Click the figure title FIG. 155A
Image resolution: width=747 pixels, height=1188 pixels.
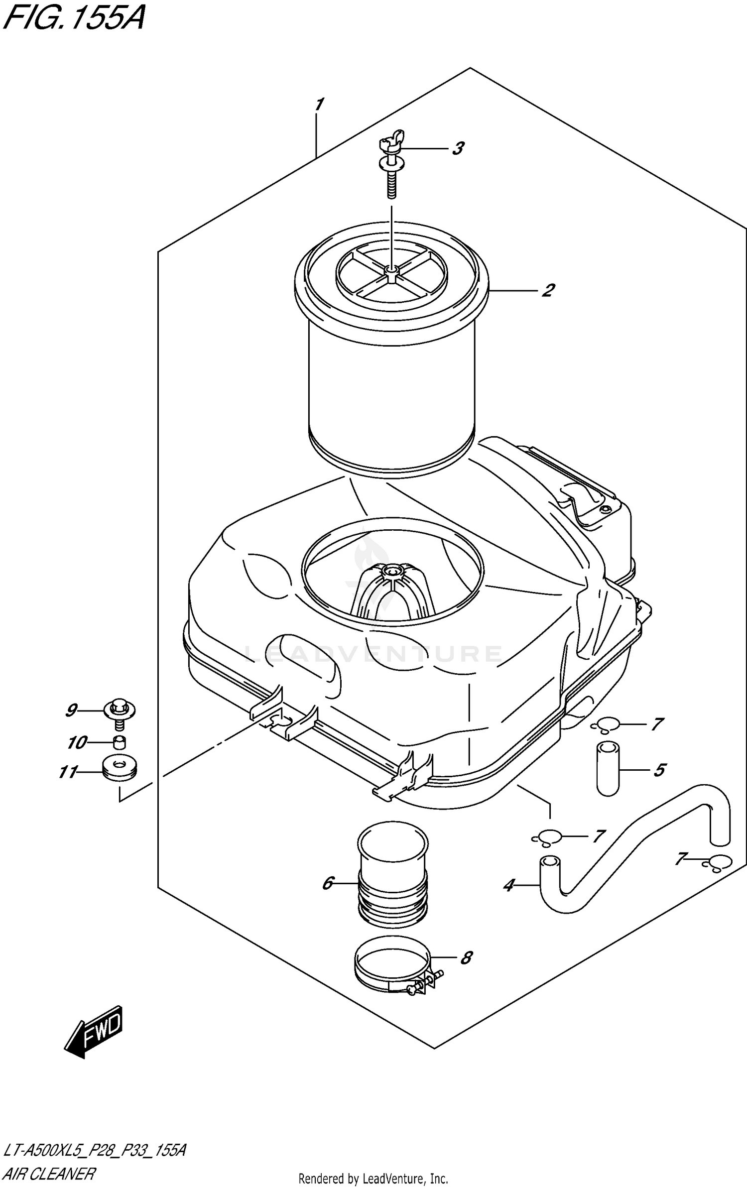[74, 19]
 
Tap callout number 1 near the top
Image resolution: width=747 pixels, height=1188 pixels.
[319, 105]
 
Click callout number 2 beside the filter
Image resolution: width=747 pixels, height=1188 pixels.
[548, 290]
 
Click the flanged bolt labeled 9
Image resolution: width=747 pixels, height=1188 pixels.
[120, 712]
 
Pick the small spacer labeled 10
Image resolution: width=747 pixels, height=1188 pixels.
[119, 743]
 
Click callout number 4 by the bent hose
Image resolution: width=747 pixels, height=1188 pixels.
[508, 885]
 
